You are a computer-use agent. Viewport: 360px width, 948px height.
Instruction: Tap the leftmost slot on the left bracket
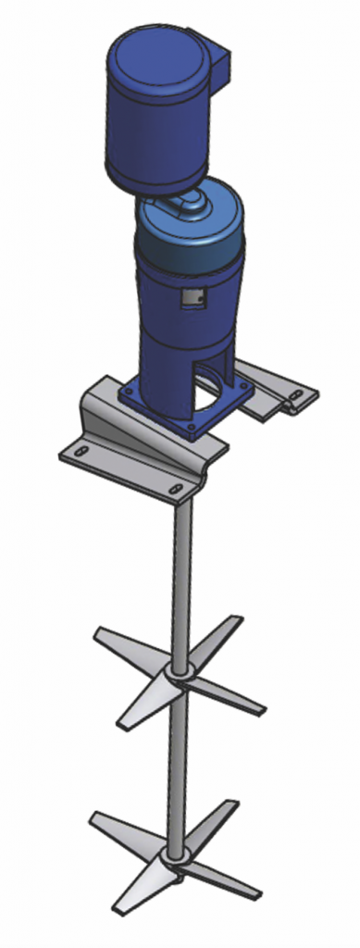[81, 451]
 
